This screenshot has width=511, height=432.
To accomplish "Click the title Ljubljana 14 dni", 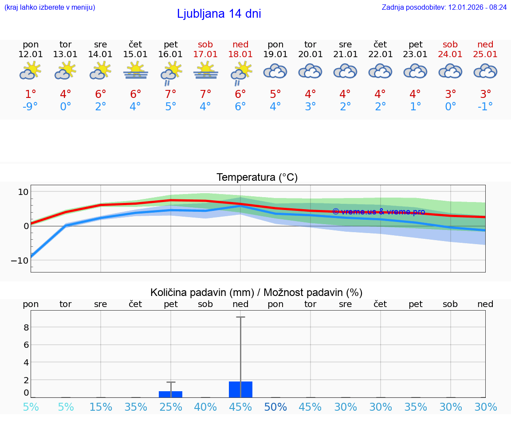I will [219, 14].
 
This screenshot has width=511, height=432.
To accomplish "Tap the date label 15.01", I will [135, 54].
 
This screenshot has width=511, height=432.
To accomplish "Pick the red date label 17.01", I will [205, 54].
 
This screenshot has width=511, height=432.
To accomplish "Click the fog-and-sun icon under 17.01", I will [205, 70].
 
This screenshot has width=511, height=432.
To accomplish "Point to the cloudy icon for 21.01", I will [345, 71].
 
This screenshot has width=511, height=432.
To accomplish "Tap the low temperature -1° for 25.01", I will [485, 106].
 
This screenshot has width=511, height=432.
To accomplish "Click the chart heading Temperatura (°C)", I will [257, 178].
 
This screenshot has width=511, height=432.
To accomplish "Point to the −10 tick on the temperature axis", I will [19, 260].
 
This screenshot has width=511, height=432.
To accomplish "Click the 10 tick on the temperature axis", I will [23, 191].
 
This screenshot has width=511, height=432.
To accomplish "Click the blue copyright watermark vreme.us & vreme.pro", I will [378, 212].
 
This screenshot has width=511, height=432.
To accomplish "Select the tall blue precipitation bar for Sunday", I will [240, 389].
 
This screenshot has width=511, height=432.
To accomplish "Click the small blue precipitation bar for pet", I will [171, 394].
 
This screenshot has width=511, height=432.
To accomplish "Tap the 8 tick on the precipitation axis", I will [26, 327].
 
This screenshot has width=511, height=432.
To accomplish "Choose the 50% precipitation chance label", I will [275, 407].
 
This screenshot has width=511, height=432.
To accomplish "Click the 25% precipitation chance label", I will [171, 407].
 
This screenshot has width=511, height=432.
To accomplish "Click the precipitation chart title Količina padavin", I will [256, 292].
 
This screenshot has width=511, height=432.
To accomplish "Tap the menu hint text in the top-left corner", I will [50, 7].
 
